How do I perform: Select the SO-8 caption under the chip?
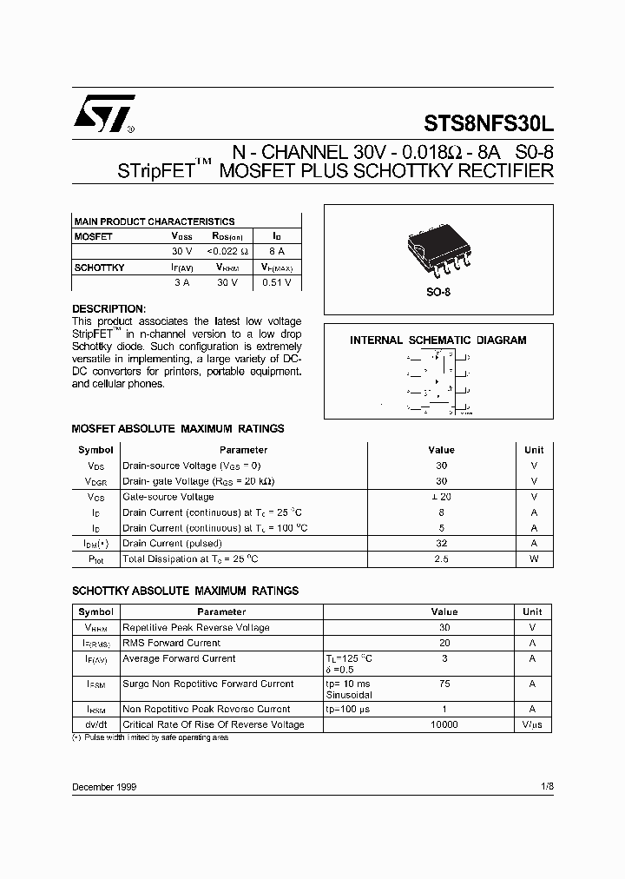[x=438, y=293]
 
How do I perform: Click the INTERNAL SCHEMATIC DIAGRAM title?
[x=438, y=340]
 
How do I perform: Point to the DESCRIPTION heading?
[x=109, y=309]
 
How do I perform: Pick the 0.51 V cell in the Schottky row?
[x=275, y=282]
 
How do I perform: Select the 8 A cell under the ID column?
[x=275, y=251]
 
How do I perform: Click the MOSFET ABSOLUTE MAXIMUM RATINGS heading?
[x=177, y=429]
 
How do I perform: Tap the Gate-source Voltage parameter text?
[x=168, y=497]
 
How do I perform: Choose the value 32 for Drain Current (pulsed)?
[x=441, y=544]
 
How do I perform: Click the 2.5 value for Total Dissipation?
[x=441, y=559]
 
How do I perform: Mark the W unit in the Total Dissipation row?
[x=534, y=559]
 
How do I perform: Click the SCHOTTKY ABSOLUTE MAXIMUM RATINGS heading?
[x=185, y=591]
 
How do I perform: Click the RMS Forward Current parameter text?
[x=172, y=643]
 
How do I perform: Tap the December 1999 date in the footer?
[x=104, y=786]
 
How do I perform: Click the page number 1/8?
[x=546, y=786]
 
